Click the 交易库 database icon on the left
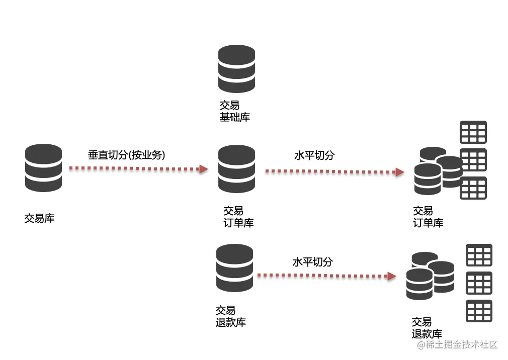[x=44, y=167]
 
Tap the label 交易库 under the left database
[x=39, y=219]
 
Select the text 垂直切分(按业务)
[x=126, y=155]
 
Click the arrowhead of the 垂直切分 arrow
[x=204, y=169]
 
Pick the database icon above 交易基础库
[x=236, y=69]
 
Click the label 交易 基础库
[x=234, y=112]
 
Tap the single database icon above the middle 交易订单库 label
[x=236, y=168]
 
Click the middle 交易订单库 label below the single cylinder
[x=238, y=217]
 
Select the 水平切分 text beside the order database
[x=314, y=155]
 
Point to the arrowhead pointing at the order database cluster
[x=399, y=172]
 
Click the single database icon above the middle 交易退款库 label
[x=234, y=267]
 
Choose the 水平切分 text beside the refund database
[x=312, y=262]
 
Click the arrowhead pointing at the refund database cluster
[x=391, y=276]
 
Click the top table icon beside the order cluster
[x=473, y=132]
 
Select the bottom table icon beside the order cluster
[x=473, y=188]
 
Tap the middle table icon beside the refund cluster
[x=479, y=283]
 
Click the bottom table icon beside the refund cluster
[x=479, y=311]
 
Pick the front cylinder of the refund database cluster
[x=419, y=284]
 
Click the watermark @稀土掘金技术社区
[x=456, y=345]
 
